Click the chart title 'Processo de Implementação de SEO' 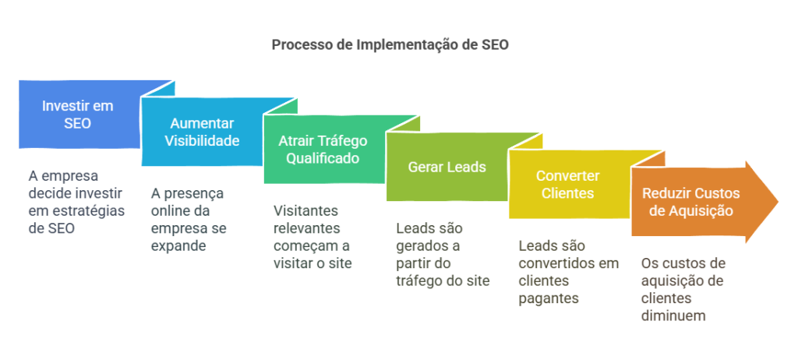[390, 45]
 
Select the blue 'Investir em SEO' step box [79, 114]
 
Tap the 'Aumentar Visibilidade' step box [202, 132]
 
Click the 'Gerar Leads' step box [447, 167]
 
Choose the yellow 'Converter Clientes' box [570, 185]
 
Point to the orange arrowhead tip [779, 202]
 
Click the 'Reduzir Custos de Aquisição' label [690, 202]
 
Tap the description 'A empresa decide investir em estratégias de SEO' [76, 202]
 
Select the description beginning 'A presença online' [189, 220]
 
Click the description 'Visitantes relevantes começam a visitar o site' [312, 237]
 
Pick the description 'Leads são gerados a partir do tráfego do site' [443, 254]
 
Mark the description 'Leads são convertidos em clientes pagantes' [568, 272]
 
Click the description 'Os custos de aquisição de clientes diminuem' [683, 289]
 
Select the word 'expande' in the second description [178, 246]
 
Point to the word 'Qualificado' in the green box [323, 158]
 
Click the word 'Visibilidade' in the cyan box [202, 140]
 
